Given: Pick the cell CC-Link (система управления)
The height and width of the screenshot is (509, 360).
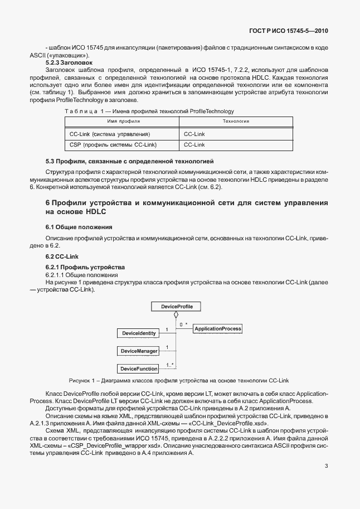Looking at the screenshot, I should (109, 134).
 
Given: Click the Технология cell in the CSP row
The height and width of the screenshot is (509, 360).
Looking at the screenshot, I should (194, 144).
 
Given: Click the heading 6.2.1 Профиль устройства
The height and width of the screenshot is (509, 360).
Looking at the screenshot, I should (77, 267).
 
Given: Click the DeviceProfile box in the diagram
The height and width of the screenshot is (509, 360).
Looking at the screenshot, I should (176, 307).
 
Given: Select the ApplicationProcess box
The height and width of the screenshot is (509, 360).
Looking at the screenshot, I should (217, 329).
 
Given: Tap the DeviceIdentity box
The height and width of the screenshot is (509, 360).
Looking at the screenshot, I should (138, 333).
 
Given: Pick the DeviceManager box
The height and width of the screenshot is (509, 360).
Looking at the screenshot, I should (138, 351).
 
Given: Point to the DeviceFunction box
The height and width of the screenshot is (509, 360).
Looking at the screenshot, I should (138, 369).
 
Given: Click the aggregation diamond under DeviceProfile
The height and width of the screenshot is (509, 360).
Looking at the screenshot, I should (176, 315).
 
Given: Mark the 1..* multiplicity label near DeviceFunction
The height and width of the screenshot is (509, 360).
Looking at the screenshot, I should (169, 365).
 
